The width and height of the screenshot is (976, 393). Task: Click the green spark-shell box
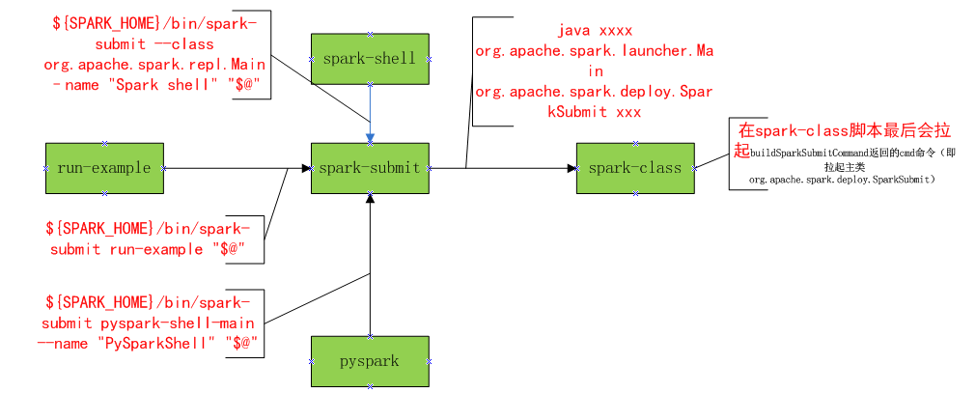(370, 58)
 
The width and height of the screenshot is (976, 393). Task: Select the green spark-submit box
(370, 168)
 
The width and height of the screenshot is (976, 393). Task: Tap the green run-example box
(104, 168)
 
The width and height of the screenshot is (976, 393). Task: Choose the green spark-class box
(634, 168)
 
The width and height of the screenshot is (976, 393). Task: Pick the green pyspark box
(370, 361)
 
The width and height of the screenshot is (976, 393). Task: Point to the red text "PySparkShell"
(153, 342)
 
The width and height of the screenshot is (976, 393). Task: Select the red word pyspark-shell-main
(187, 322)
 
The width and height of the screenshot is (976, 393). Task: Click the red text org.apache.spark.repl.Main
(149, 66)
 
